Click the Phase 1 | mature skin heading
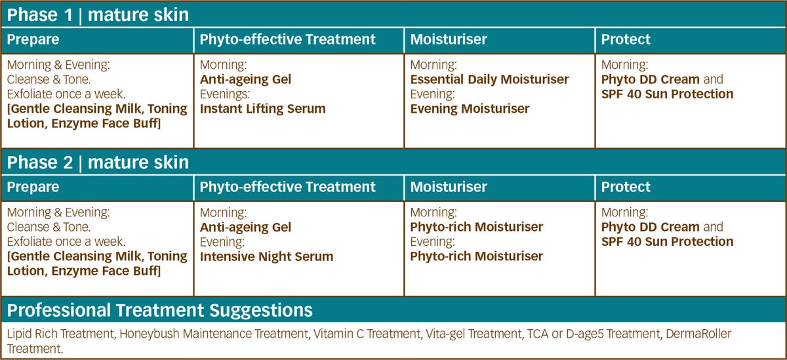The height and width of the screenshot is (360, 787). tap(98, 14)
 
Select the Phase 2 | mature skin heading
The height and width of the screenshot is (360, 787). tap(98, 162)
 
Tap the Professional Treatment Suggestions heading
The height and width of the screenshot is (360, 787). tap(159, 310)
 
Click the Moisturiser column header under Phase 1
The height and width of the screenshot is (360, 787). tap(449, 39)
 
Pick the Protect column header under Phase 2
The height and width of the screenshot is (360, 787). tap(626, 187)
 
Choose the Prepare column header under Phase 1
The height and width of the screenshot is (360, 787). tap(33, 39)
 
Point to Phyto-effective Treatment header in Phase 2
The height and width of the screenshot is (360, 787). tap(287, 187)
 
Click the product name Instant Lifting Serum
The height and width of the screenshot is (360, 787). tap(263, 109)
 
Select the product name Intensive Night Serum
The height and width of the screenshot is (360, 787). tap(267, 256)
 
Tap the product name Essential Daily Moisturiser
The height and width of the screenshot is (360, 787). tap(489, 79)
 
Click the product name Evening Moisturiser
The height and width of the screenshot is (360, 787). tap(470, 109)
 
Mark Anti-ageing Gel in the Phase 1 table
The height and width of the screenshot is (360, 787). tap(245, 79)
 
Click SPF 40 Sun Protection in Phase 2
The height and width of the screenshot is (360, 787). tap(667, 241)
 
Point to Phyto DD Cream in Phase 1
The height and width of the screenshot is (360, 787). tap(651, 79)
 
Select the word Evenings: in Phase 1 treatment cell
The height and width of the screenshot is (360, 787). tap(225, 94)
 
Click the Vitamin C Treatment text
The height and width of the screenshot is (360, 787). tap(367, 333)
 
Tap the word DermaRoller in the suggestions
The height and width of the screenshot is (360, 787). tap(698, 333)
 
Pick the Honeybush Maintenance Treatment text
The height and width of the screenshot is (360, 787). tap(214, 333)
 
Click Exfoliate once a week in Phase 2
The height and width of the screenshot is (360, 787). tap(66, 241)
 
